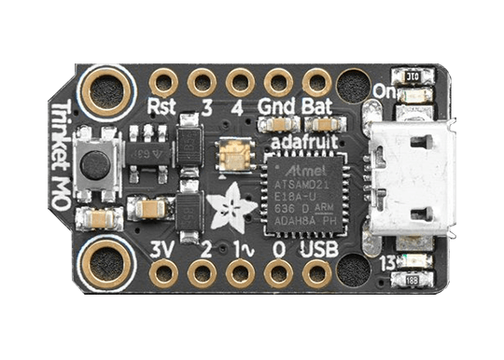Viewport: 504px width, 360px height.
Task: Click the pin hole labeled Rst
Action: pyautogui.click(x=164, y=82)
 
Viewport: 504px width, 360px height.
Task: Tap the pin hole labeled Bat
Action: pyautogui.click(x=316, y=82)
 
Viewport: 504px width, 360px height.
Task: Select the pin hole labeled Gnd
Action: pyautogui.click(x=278, y=82)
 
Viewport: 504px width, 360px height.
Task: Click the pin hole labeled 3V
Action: pyautogui.click(x=164, y=273)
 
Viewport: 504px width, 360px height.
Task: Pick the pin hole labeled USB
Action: pyautogui.click(x=316, y=273)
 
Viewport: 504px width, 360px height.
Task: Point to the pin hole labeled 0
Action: pyautogui.click(x=278, y=273)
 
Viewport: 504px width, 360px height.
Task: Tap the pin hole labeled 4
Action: pyautogui.click(x=240, y=82)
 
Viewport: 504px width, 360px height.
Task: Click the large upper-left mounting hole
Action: pyautogui.click(x=105, y=91)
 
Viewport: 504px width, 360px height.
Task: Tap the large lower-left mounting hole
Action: pyautogui.click(x=105, y=261)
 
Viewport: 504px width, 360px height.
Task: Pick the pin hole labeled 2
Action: pyautogui.click(x=202, y=273)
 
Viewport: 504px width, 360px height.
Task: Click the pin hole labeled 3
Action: pyautogui.click(x=202, y=82)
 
